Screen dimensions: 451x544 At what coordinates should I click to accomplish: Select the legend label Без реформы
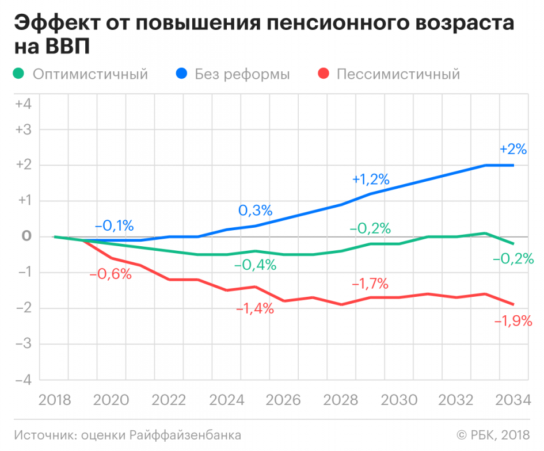click(242, 74)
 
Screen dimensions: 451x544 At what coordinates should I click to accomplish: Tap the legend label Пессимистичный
click(398, 74)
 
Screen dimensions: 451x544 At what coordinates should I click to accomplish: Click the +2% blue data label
click(513, 149)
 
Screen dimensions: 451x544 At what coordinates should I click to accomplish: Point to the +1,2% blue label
click(371, 179)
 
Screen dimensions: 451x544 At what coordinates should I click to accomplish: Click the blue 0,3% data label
click(255, 211)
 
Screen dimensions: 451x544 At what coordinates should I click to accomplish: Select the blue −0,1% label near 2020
click(114, 224)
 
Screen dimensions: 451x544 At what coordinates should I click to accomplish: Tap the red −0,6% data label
click(111, 274)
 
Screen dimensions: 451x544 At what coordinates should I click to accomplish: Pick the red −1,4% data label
click(255, 309)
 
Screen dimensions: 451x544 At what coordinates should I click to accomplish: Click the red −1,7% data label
click(370, 284)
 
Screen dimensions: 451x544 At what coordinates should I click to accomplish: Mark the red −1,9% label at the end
click(513, 321)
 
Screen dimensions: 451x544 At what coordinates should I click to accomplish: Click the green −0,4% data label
click(255, 265)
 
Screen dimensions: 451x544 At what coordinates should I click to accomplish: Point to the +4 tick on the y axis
click(23, 104)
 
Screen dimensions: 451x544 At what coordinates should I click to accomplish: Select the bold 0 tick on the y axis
click(25, 236)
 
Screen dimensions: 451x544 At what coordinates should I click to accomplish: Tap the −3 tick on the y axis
click(23, 344)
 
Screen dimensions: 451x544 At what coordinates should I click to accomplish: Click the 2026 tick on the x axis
click(284, 400)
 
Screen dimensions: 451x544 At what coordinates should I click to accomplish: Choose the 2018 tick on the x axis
click(54, 400)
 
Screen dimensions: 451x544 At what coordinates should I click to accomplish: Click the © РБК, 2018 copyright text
click(493, 435)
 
